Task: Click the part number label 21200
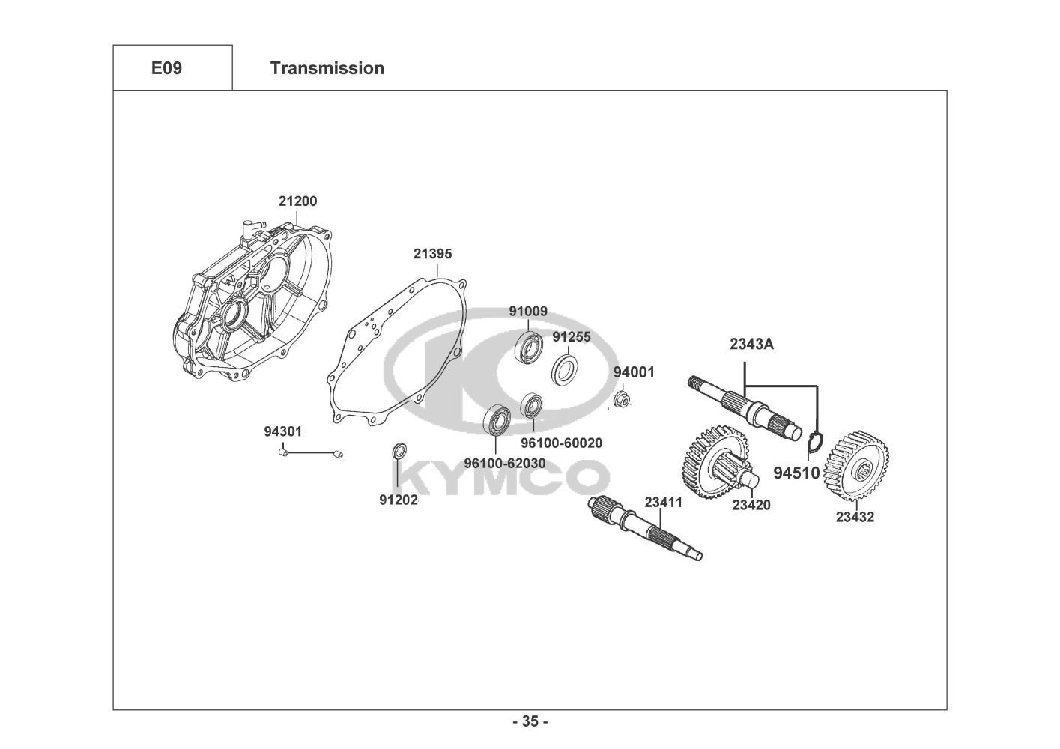click(297, 201)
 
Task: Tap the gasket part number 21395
click(432, 254)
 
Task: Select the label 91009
click(528, 311)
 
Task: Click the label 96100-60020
click(561, 443)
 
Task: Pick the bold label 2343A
click(751, 345)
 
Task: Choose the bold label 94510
click(796, 473)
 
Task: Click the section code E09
click(166, 68)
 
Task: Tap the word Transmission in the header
click(327, 68)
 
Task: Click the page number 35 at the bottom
click(530, 722)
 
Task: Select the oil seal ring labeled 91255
click(565, 370)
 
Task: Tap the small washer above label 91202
click(400, 451)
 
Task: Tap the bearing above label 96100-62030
click(496, 419)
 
